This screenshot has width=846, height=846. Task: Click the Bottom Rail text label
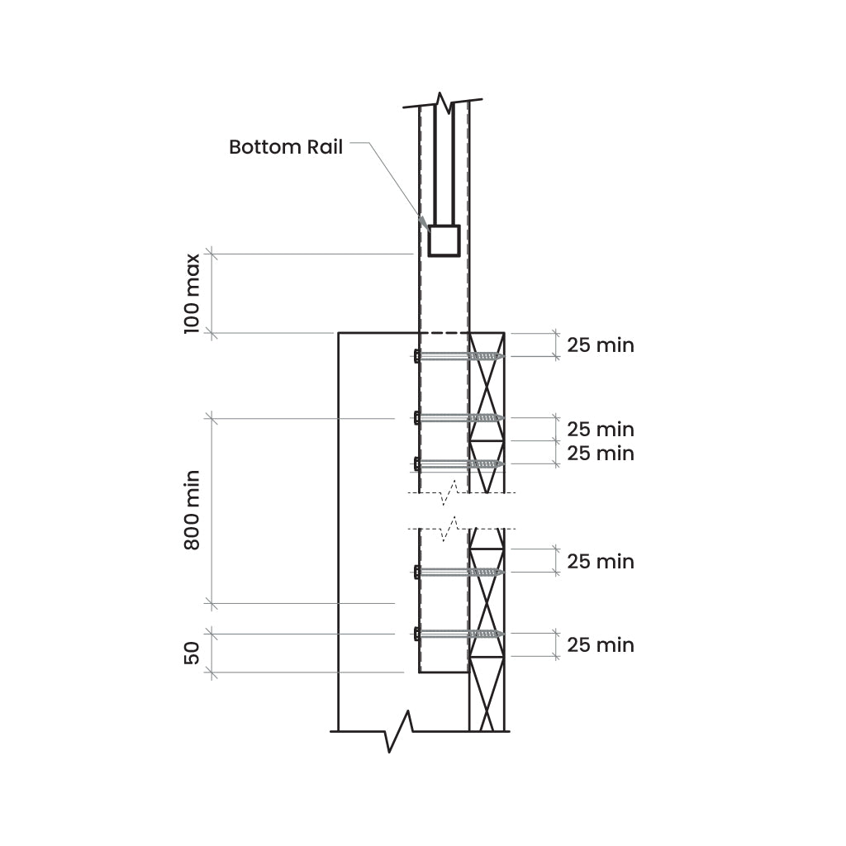coord(285,147)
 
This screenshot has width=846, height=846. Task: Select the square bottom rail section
coord(444,240)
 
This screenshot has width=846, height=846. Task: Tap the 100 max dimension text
coord(192,293)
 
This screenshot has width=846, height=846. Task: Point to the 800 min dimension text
coord(192,510)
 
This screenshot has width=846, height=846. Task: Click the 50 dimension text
coord(192,653)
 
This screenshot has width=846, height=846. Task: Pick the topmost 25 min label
coord(601,345)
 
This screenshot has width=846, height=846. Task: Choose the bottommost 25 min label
coord(601,645)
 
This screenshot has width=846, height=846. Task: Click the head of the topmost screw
coord(417,356)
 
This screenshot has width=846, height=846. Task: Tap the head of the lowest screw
coord(417,634)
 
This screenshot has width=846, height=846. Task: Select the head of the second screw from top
coord(417,417)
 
